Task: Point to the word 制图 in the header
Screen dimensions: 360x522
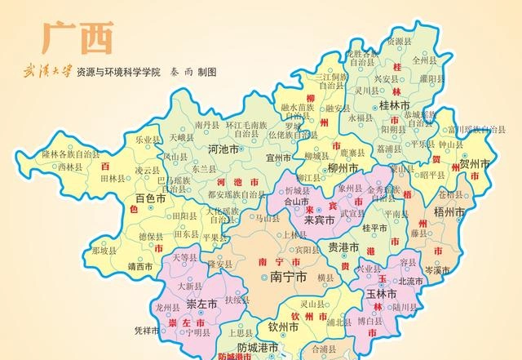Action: [206, 73]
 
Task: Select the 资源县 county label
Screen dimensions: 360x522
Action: [399, 41]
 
